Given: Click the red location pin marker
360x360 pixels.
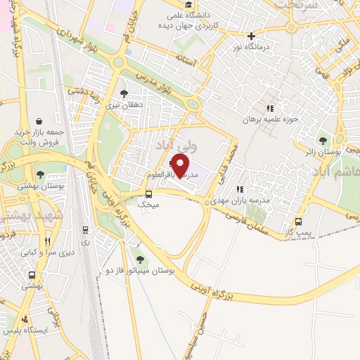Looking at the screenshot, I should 181,165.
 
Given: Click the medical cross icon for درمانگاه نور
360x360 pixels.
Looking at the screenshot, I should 251,36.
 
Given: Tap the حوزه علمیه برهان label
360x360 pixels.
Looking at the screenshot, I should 274,120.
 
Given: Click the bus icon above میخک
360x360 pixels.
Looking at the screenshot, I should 148,194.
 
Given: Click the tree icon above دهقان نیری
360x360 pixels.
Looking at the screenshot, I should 124,93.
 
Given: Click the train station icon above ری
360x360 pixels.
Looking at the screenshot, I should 86,229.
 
